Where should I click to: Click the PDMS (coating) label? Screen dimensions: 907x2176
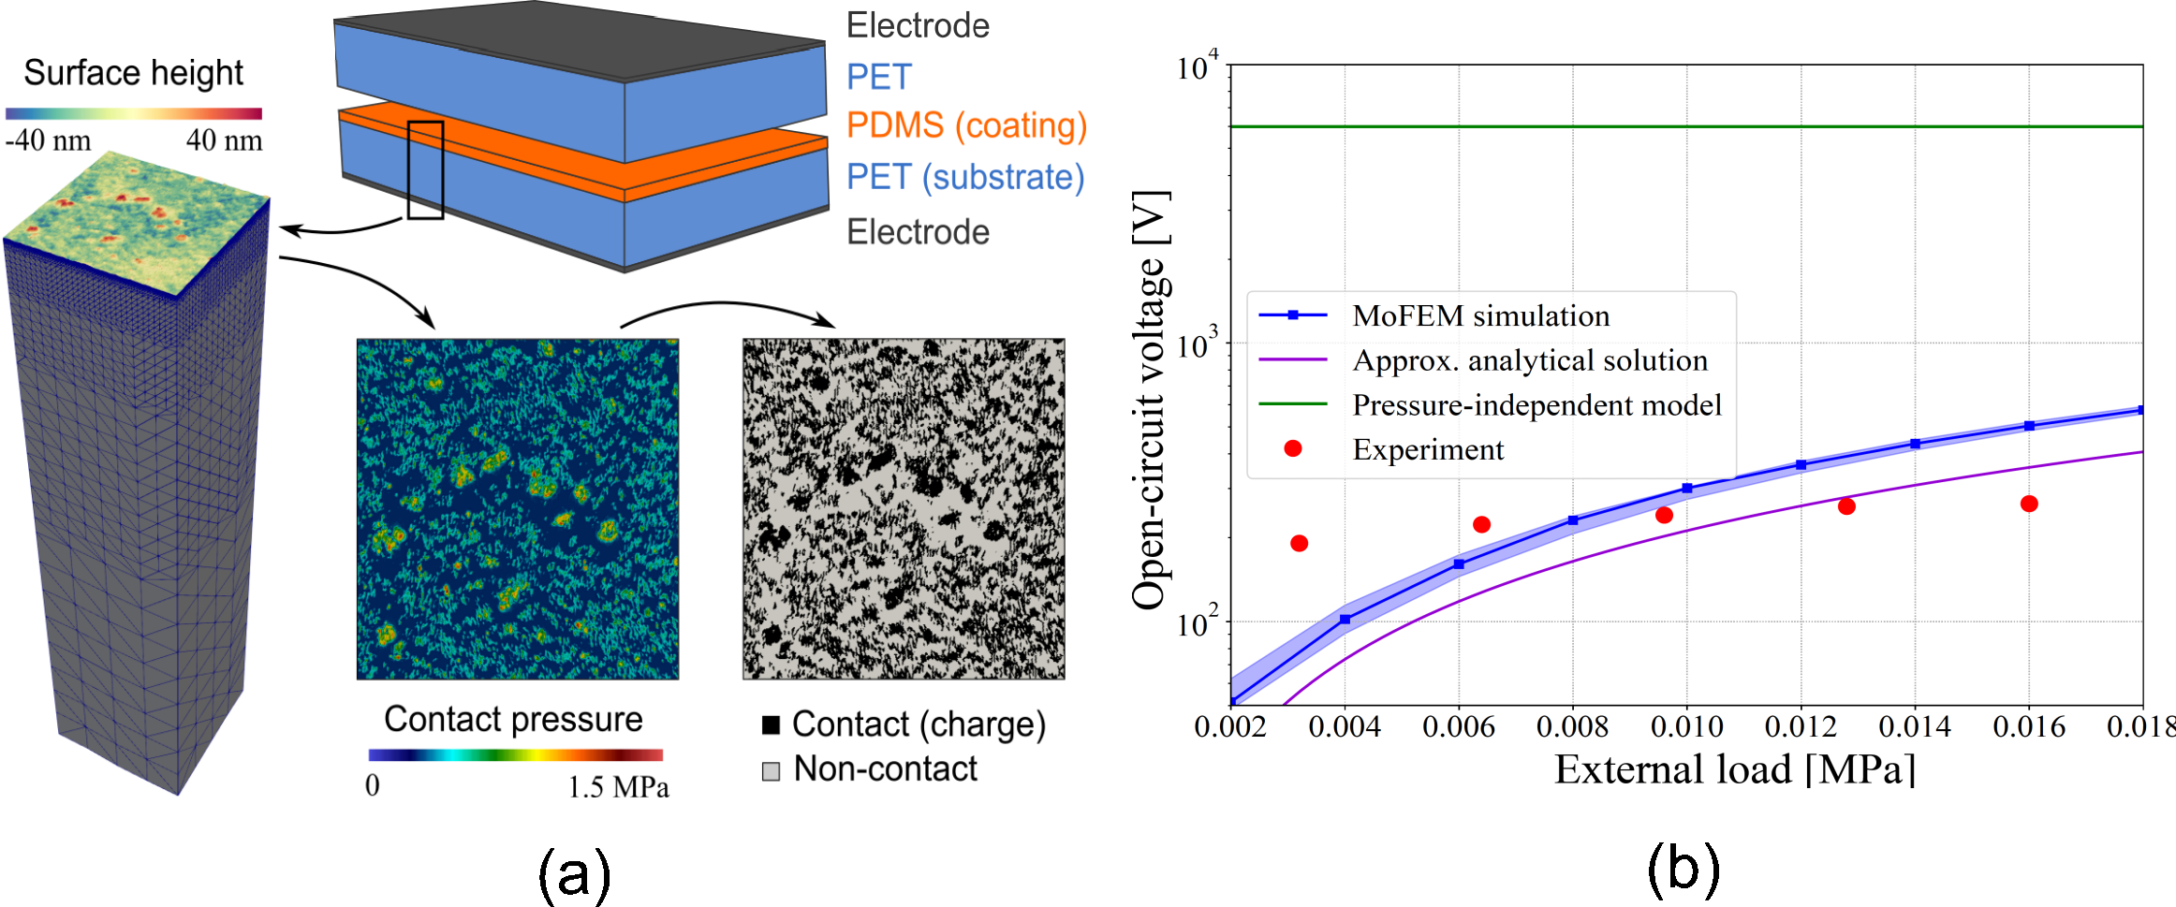click(x=965, y=125)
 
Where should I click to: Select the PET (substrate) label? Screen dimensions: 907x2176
click(x=964, y=177)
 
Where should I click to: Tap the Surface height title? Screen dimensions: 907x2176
click(x=133, y=73)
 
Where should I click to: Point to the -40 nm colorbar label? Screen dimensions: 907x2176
click(x=49, y=141)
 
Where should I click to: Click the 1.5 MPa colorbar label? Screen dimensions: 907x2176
click(x=619, y=784)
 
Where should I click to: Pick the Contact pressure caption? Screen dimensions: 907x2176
click(x=513, y=719)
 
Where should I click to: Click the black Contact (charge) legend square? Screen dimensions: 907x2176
click(x=772, y=724)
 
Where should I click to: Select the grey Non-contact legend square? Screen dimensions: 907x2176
click(x=772, y=771)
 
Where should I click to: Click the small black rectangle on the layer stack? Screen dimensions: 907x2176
click(x=425, y=170)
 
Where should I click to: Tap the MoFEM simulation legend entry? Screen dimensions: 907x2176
click(x=1480, y=315)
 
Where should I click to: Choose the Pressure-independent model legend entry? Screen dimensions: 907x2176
click(x=1536, y=404)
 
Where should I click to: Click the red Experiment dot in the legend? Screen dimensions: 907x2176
click(x=1293, y=449)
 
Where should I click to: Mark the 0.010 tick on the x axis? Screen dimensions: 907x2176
click(x=1687, y=726)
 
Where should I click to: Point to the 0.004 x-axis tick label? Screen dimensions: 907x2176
click(x=1345, y=726)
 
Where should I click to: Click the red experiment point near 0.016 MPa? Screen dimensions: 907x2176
click(x=2029, y=504)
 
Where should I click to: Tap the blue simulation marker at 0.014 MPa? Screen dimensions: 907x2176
click(x=1915, y=444)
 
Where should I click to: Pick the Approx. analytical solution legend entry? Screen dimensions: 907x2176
click(x=1530, y=360)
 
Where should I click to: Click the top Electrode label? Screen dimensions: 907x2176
click(x=918, y=26)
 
